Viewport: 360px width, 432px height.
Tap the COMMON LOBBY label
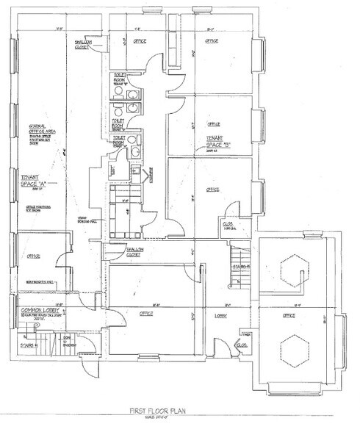pyautogui.click(x=34, y=312)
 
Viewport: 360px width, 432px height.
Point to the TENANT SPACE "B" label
pyautogui.click(x=215, y=139)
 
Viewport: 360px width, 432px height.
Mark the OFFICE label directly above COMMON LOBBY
pyautogui.click(x=32, y=257)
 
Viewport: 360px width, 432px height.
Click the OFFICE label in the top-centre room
pyautogui.click(x=138, y=42)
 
